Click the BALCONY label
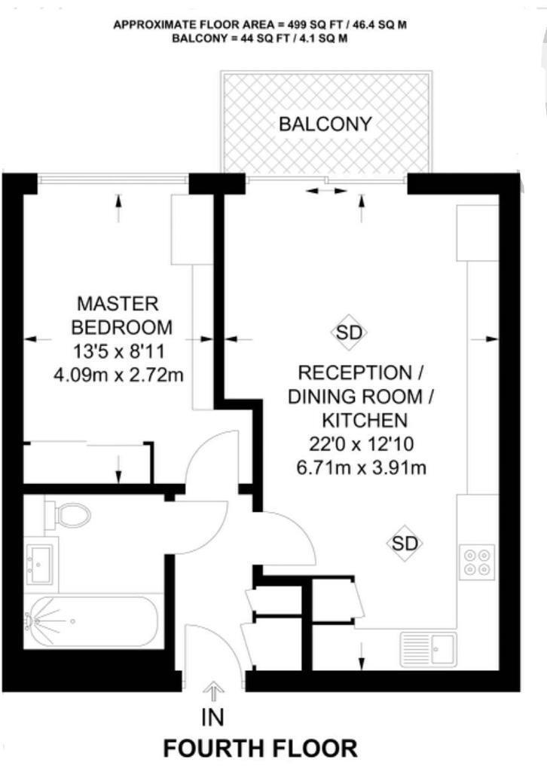tap(325, 124)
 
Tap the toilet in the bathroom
tap(69, 516)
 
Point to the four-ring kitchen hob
tap(478, 561)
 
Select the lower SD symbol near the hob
tap(405, 543)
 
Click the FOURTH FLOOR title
tap(261, 749)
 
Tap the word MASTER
tap(118, 305)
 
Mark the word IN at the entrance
tap(212, 716)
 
